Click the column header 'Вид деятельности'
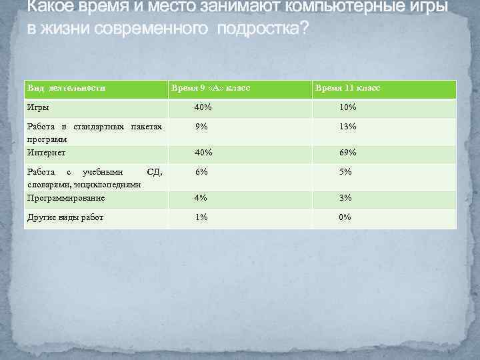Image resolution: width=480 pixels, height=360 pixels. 65,88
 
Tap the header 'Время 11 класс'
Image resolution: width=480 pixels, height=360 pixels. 348,88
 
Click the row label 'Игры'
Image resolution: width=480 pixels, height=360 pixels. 37,107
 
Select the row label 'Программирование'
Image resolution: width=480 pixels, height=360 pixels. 66,198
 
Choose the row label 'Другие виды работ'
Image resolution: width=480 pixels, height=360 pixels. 65,217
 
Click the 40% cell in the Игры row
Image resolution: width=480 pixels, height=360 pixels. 203,107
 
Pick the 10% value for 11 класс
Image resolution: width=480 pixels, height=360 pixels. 347,107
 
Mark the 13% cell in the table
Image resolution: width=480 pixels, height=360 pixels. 347,127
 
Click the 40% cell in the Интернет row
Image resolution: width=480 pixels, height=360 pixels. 203,153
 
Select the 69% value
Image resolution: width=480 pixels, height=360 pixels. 347,153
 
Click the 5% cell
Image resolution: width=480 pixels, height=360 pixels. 345,172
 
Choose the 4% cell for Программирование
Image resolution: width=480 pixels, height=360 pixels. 201,198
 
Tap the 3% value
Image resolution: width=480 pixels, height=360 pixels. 345,198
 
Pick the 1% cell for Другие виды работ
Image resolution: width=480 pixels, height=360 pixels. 201,217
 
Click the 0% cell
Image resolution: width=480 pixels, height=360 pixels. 345,217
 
